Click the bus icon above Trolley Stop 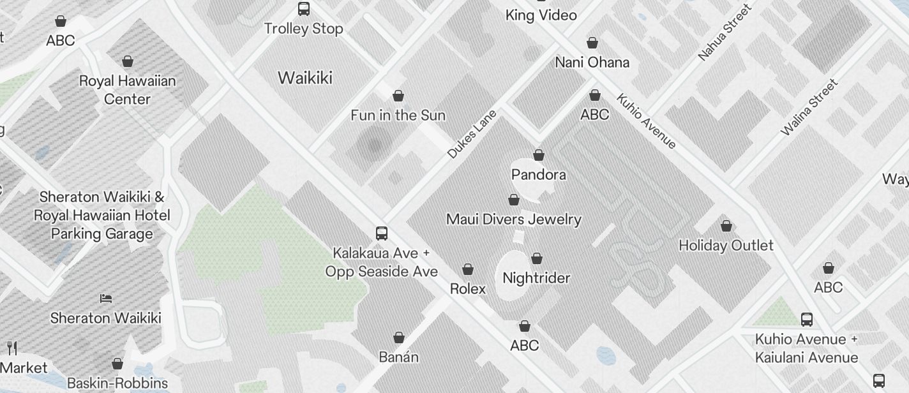pyautogui.click(x=304, y=9)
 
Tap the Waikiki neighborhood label pyautogui.click(x=305, y=78)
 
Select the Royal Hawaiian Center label pyautogui.click(x=127, y=90)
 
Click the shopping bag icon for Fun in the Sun pyautogui.click(x=398, y=96)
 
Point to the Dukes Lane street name pyautogui.click(x=472, y=134)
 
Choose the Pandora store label pyautogui.click(x=539, y=174)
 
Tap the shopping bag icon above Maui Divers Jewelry pyautogui.click(x=514, y=200)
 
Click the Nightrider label pyautogui.click(x=536, y=278)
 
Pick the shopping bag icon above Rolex pyautogui.click(x=468, y=269)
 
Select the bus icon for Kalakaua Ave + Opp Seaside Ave pyautogui.click(x=382, y=234)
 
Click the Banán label pyautogui.click(x=399, y=357)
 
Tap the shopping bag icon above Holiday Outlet pyautogui.click(x=726, y=226)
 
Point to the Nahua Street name pyautogui.click(x=725, y=33)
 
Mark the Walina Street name pyautogui.click(x=809, y=107)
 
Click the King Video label pyautogui.click(x=541, y=15)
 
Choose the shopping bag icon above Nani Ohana pyautogui.click(x=592, y=43)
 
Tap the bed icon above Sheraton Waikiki pyautogui.click(x=106, y=299)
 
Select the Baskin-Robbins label pyautogui.click(x=117, y=383)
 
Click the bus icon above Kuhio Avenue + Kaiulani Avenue pyautogui.click(x=807, y=319)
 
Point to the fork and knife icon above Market pyautogui.click(x=11, y=348)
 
